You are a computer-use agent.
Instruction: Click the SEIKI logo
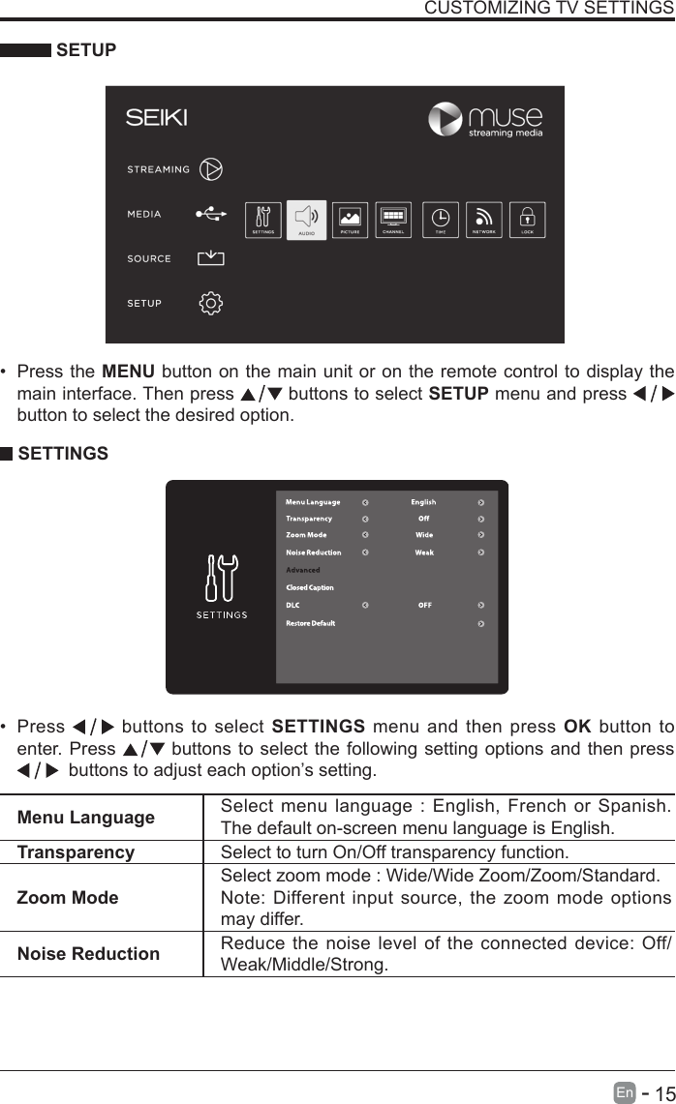pos(156,118)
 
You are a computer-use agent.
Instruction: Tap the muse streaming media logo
pos(485,120)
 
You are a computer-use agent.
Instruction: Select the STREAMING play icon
pos(210,169)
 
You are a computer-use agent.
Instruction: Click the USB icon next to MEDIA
pos(210,214)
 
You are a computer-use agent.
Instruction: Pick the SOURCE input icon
pos(210,258)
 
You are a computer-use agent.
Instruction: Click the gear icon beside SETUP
pos(210,303)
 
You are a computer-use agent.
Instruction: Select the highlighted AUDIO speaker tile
pos(307,220)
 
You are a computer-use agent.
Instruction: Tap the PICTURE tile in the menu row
pos(351,220)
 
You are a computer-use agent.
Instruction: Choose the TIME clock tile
pos(441,220)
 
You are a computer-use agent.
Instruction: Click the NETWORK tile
pos(484,220)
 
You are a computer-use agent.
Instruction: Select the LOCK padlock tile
pos(528,220)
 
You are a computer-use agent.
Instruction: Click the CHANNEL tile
pos(393,220)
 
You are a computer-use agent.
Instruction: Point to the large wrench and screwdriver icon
pos(222,580)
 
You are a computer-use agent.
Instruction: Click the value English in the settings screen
pos(423,502)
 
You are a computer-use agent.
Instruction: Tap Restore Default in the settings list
pos(310,623)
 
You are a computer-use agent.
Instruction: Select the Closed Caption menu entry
pos(310,587)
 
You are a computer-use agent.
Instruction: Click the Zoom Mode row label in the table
pos(68,897)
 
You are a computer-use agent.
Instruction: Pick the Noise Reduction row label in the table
pos(88,953)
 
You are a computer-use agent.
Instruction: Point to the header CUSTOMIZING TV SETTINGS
pos(549,9)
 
